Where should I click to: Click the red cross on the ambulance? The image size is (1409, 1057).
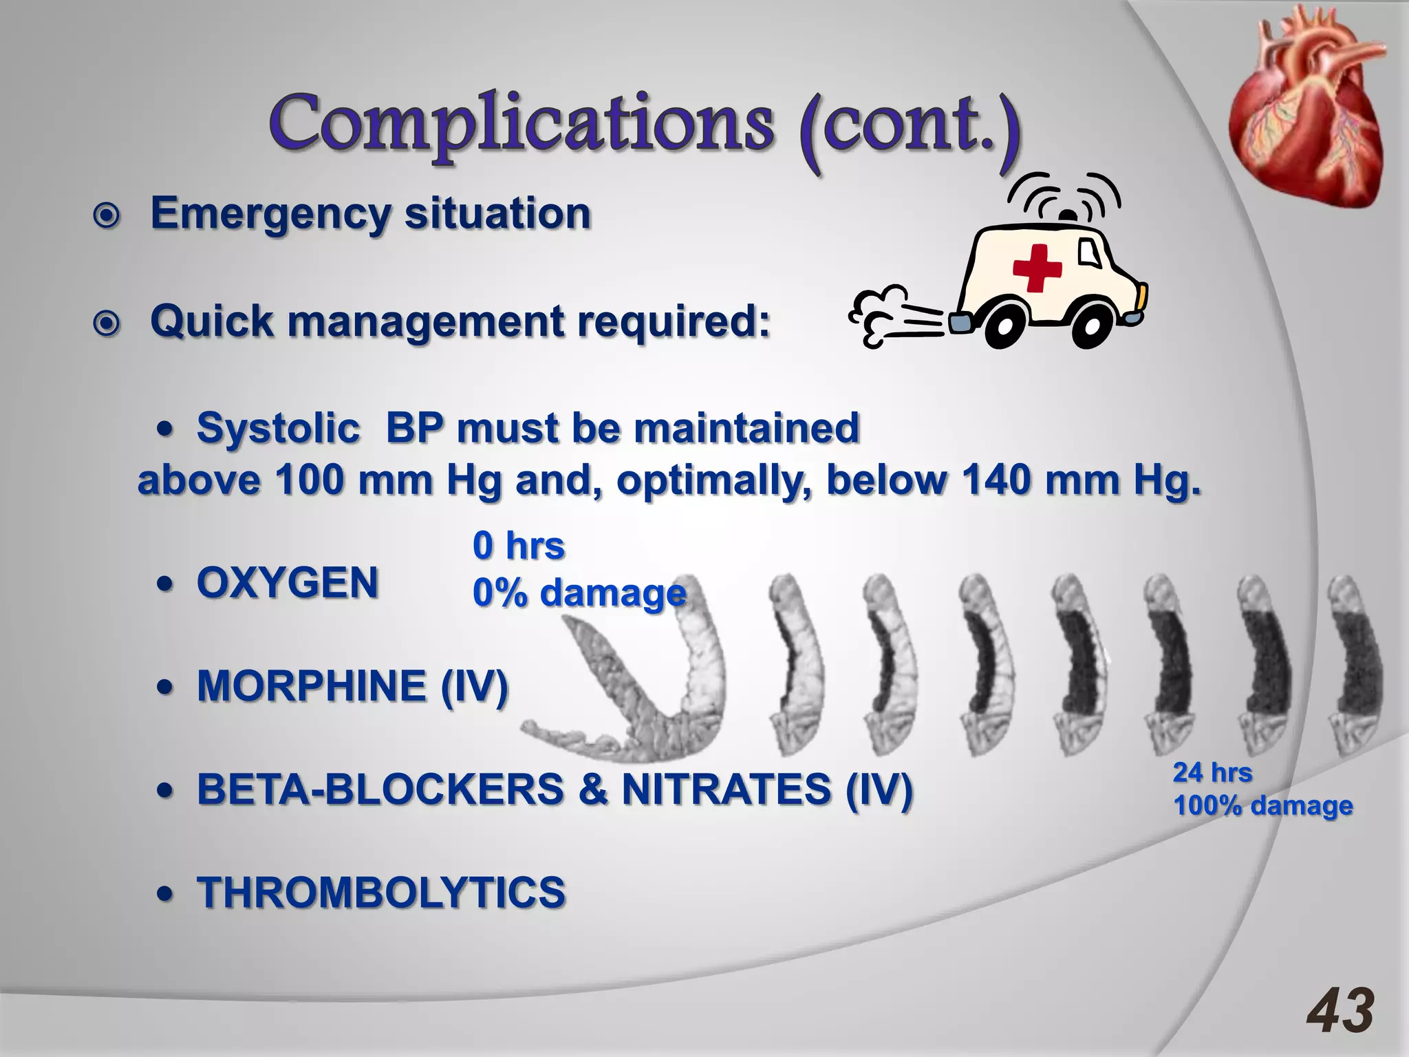(1037, 268)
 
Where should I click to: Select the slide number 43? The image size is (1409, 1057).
(1340, 1011)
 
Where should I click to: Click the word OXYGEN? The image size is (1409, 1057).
(288, 584)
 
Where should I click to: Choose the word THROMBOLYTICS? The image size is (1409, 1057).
(381, 893)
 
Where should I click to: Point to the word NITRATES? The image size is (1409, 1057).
(727, 789)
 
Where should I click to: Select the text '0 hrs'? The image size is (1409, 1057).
(519, 546)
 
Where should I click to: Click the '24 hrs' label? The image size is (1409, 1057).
(1212, 773)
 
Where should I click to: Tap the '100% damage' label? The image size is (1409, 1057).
(1263, 806)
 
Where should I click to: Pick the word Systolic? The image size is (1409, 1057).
(278, 428)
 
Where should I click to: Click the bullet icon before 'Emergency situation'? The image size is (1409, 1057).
(107, 217)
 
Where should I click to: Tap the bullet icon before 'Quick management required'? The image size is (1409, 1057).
(107, 324)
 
